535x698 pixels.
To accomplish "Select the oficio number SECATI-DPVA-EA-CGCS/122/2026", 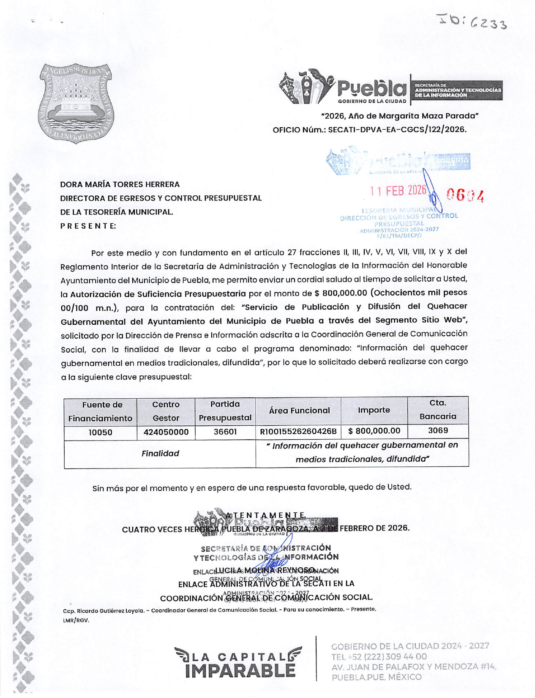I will pyautogui.click(x=397, y=130).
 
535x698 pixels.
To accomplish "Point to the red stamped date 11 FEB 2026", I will pyautogui.click(x=398, y=191).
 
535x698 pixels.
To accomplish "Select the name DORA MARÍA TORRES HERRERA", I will pyautogui.click(x=120, y=184).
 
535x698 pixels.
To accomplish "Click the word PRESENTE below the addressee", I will pyautogui.click(x=88, y=226).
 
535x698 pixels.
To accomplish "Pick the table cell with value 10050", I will pyautogui.click(x=100, y=432).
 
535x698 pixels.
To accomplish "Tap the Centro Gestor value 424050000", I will pyautogui.click(x=166, y=432).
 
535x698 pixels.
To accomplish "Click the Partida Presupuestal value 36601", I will pyautogui.click(x=225, y=432).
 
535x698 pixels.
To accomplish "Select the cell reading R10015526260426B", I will pyautogui.click(x=298, y=432).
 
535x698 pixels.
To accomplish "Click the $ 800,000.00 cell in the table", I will pyautogui.click(x=374, y=431).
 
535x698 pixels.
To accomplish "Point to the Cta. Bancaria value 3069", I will pyautogui.click(x=438, y=431).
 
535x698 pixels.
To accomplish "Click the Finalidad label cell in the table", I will pyautogui.click(x=160, y=454).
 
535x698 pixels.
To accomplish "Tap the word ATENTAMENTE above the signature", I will pyautogui.click(x=265, y=515).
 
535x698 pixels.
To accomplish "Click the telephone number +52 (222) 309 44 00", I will pyautogui.click(x=379, y=657).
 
